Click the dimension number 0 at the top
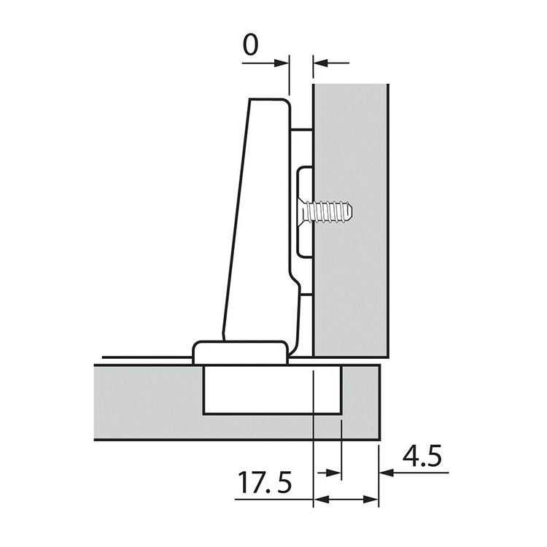point(250,45)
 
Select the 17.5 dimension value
point(265,483)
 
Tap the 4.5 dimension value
point(422,456)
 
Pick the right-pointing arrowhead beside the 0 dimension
point(282,63)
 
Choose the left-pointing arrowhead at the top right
point(321,63)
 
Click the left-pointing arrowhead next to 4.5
point(387,473)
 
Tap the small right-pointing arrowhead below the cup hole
point(333,473)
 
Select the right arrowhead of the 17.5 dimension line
point(371,500)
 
